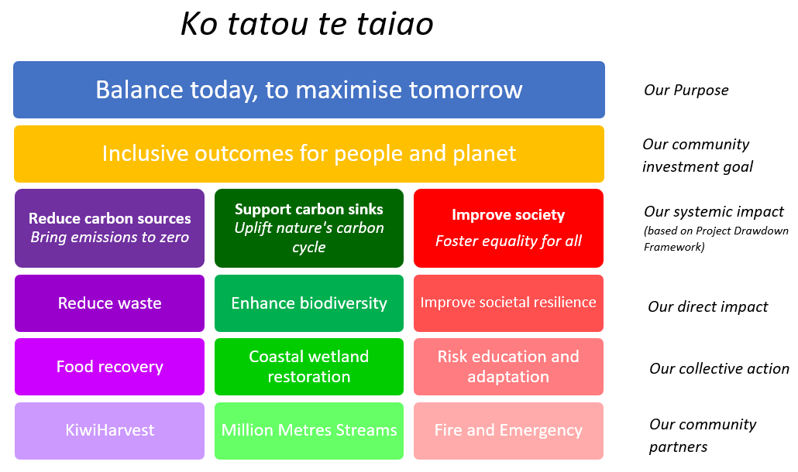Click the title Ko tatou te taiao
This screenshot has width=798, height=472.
[x=307, y=25]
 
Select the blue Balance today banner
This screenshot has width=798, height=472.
[x=308, y=90]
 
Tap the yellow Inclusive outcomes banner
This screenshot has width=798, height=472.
[x=308, y=153]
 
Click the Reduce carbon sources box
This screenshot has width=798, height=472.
[x=109, y=228]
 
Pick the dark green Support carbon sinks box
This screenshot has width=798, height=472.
[x=308, y=228]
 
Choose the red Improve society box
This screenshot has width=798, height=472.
[x=508, y=228]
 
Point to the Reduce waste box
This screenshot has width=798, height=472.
[x=109, y=303]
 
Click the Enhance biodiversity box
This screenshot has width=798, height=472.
[x=308, y=303]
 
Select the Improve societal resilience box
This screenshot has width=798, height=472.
[x=508, y=303]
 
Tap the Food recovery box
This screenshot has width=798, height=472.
[x=109, y=367]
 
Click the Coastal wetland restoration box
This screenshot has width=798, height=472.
[x=308, y=367]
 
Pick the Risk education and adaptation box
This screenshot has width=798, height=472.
[x=508, y=367]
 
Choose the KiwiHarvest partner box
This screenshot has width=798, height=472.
[x=109, y=431]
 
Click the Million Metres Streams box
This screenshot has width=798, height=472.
[x=308, y=431]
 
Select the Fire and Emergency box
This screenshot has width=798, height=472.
[x=508, y=431]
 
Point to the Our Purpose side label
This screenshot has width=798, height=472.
[x=686, y=91]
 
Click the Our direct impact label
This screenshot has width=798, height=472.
[x=707, y=307]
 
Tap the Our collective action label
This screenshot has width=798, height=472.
[x=719, y=368]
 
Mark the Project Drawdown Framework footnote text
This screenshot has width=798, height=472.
[x=715, y=239]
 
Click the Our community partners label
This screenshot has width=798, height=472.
[x=702, y=436]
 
